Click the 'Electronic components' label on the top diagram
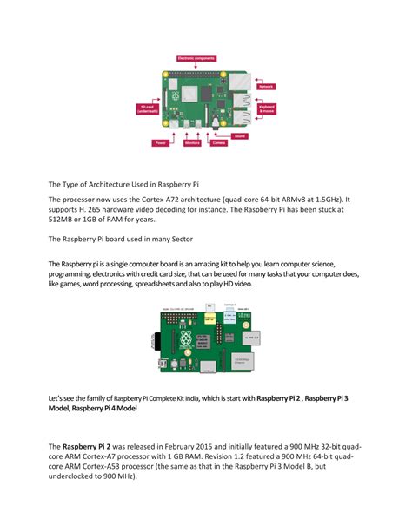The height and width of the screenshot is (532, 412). click(x=197, y=57)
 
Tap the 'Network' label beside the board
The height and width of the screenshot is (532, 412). click(x=265, y=87)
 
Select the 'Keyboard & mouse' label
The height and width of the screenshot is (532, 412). click(x=268, y=109)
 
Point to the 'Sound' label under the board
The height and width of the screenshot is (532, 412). click(x=240, y=135)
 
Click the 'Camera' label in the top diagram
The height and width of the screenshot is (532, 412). click(x=219, y=143)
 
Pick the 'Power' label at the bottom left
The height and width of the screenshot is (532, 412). click(x=161, y=142)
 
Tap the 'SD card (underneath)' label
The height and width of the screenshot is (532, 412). click(x=148, y=108)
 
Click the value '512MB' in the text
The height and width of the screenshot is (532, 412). click(x=63, y=221)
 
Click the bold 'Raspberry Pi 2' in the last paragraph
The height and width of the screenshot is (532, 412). click(x=91, y=448)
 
